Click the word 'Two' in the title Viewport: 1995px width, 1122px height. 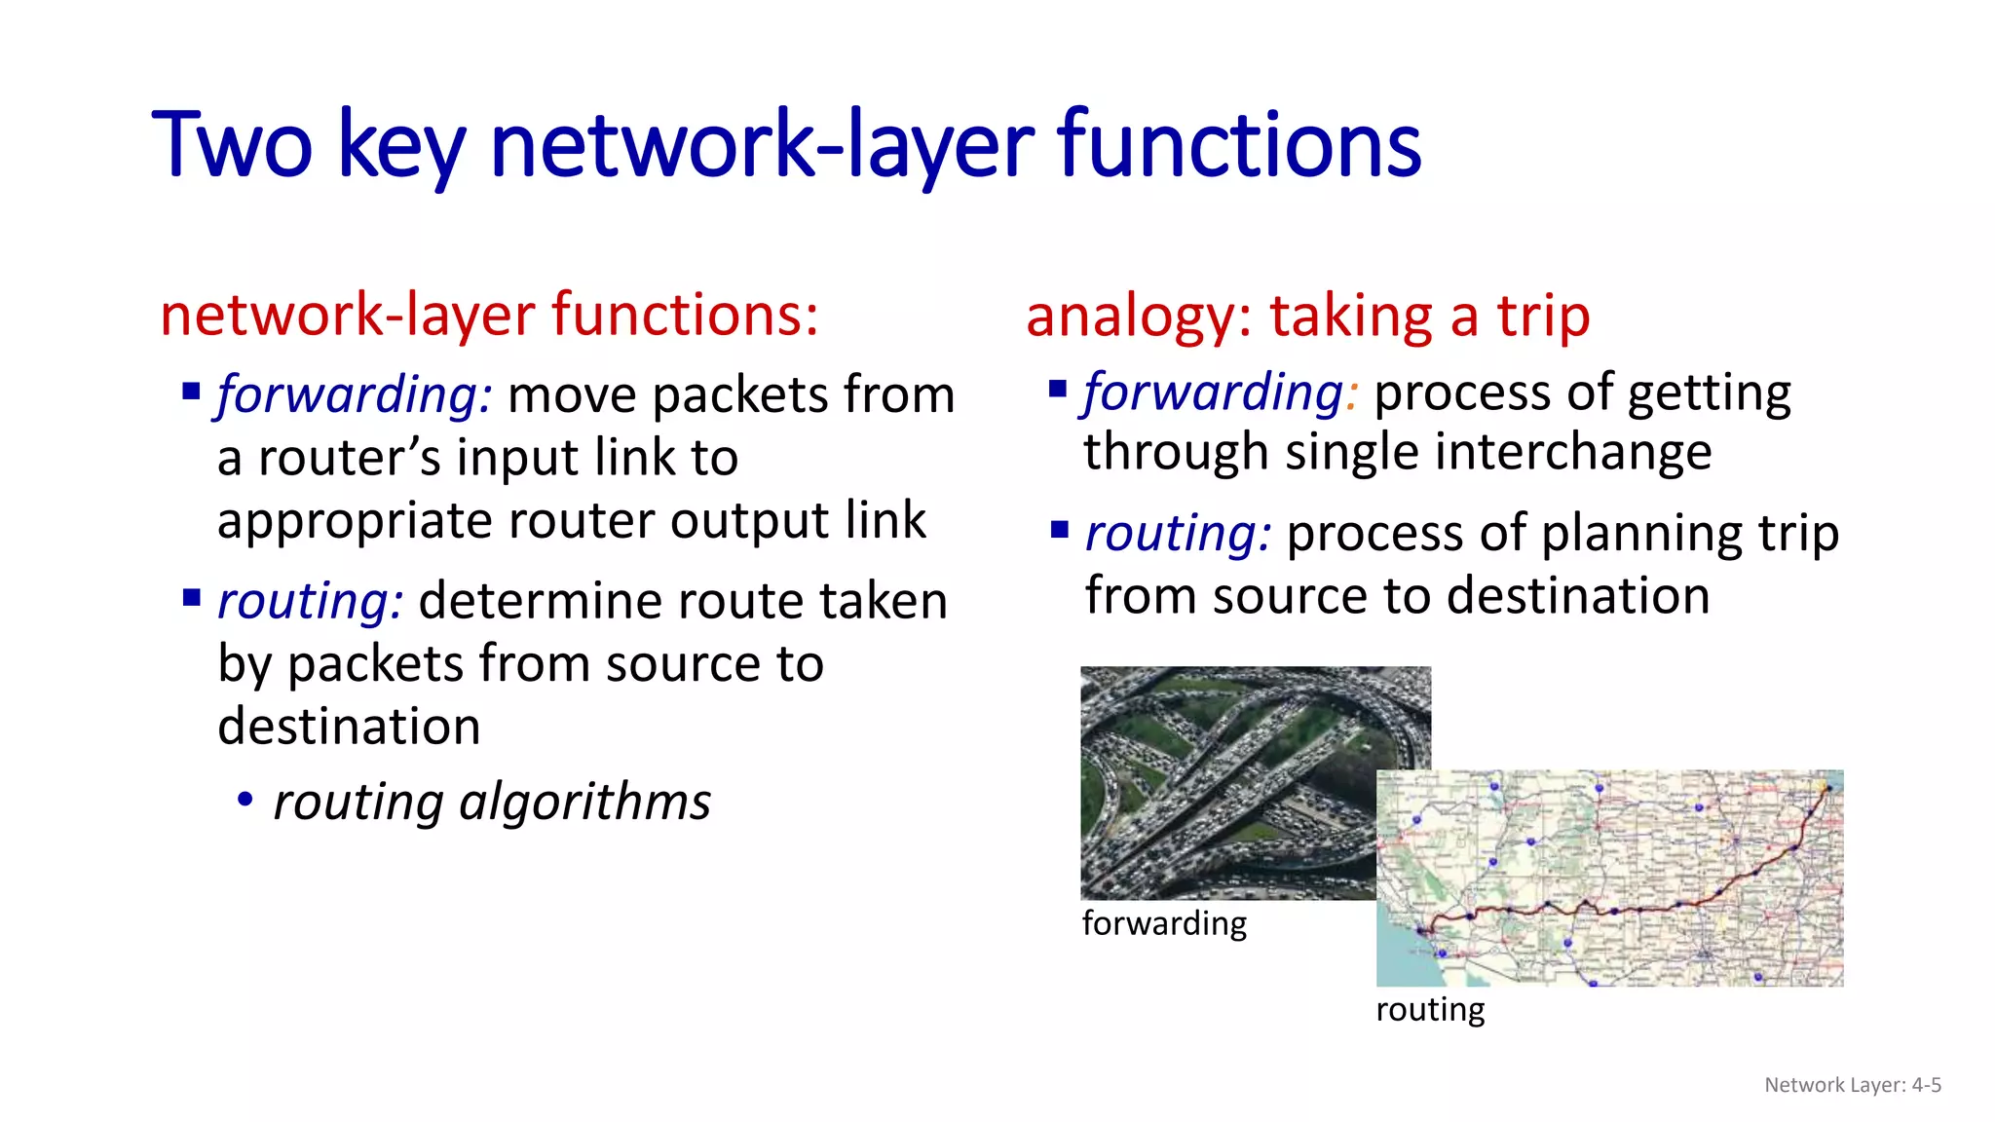click(232, 146)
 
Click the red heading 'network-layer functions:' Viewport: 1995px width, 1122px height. click(489, 316)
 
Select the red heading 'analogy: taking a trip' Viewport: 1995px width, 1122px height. click(1307, 318)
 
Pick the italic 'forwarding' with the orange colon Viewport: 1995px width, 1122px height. click(1214, 393)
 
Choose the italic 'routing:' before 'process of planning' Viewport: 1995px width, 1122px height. click(1178, 534)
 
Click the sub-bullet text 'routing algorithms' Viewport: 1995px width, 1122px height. click(492, 803)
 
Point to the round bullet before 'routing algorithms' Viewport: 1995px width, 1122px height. click(245, 801)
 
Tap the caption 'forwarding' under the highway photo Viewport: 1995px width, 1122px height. click(1164, 923)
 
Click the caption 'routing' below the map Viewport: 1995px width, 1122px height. click(1430, 1010)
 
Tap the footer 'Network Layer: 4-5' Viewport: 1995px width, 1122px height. click(1853, 1085)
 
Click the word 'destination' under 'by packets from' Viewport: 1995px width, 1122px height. click(349, 728)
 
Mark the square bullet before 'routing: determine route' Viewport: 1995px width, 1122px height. click(191, 596)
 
